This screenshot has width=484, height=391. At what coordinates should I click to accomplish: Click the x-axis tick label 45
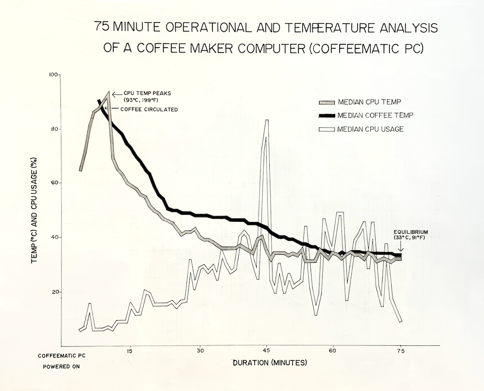(x=267, y=351)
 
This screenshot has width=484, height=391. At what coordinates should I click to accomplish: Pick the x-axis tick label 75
(x=400, y=351)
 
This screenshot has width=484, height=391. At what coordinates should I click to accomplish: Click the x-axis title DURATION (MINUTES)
(x=270, y=362)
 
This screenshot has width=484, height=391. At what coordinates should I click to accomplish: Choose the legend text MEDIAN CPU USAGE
(x=371, y=129)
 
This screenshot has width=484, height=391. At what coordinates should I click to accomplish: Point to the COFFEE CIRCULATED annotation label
(x=148, y=109)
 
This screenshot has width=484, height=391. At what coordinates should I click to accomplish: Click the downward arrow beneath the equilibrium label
(x=401, y=247)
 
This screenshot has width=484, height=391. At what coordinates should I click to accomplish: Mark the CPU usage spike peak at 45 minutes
(x=267, y=121)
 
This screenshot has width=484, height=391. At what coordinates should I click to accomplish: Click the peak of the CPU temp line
(x=108, y=93)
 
